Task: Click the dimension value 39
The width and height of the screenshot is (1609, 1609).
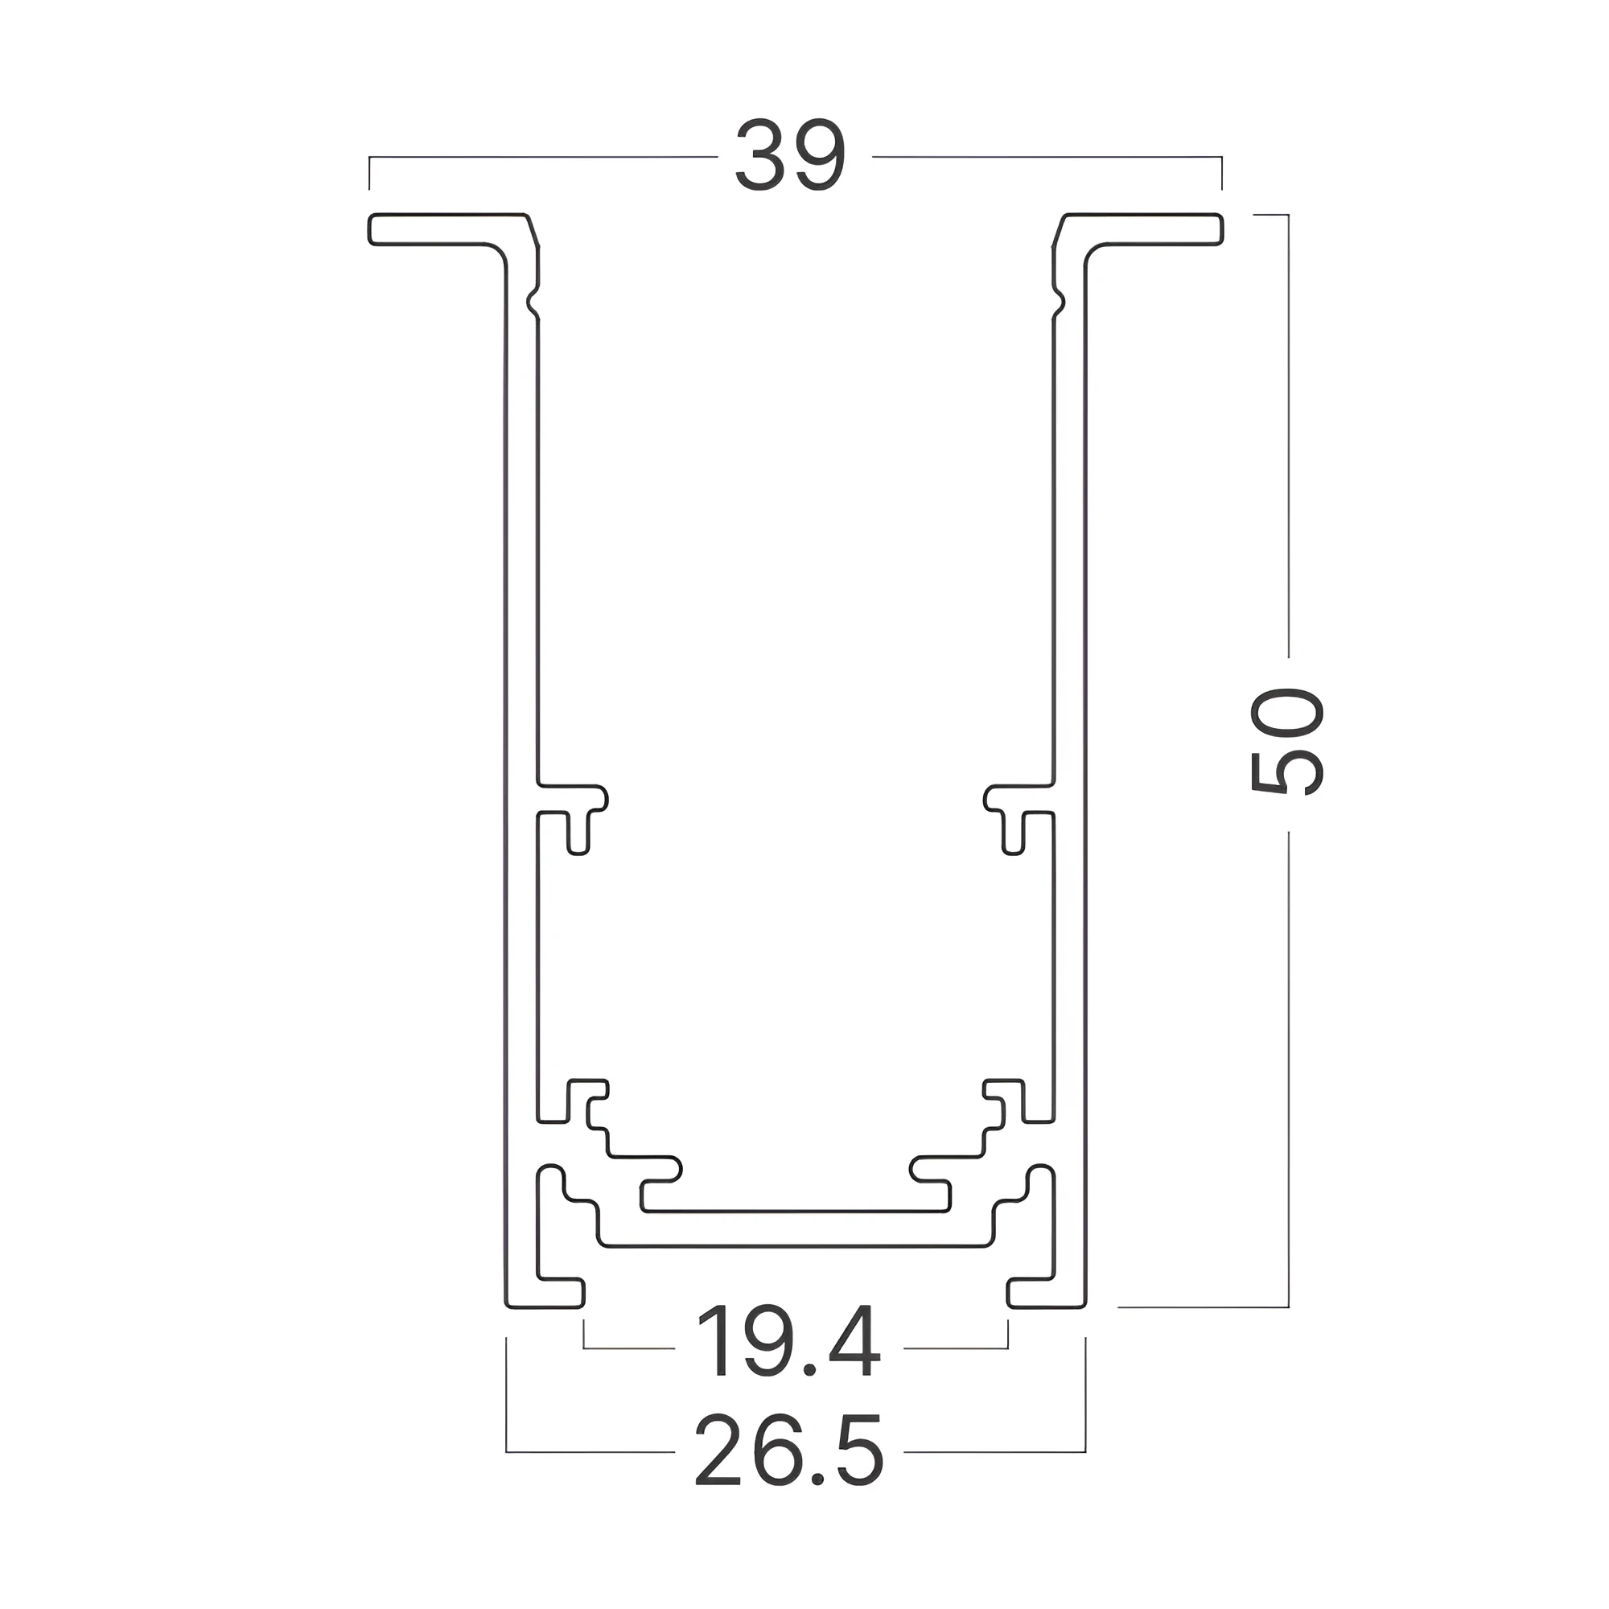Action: (790, 156)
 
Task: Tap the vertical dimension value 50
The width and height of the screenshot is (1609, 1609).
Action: (1286, 741)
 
